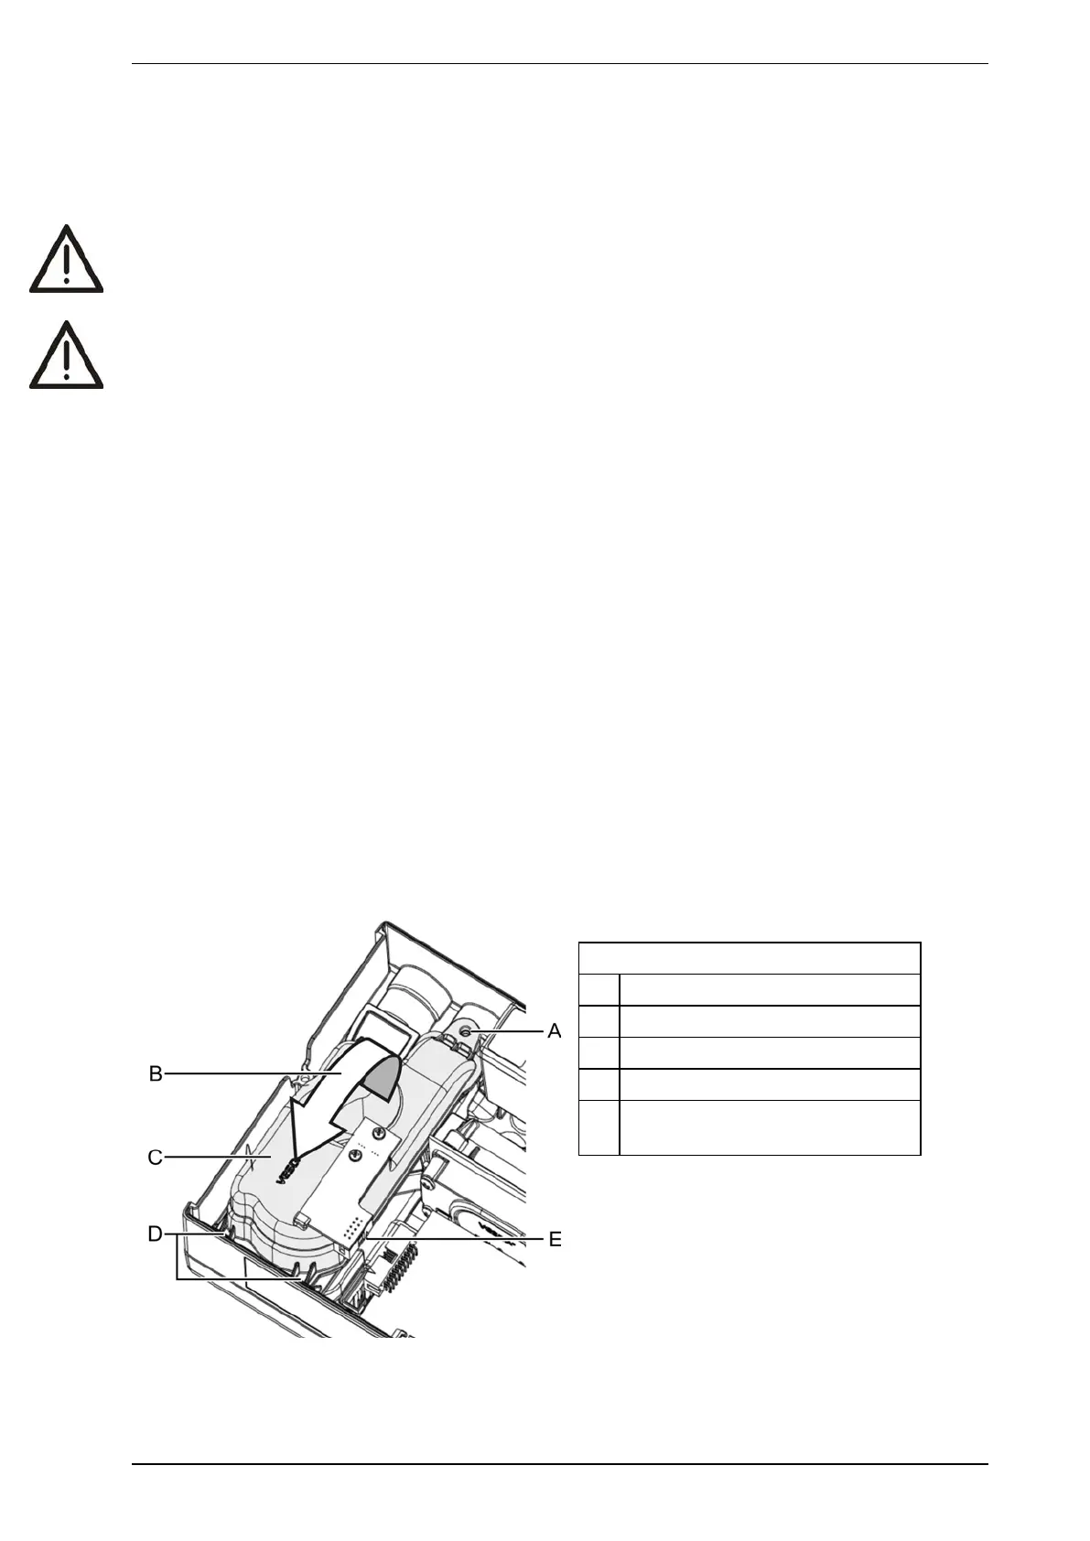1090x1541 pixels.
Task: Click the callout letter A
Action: [554, 1031]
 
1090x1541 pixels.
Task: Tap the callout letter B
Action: [156, 1073]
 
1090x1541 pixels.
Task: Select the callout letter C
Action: [156, 1158]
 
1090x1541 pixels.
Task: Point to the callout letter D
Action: [156, 1234]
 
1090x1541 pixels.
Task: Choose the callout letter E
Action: [555, 1240]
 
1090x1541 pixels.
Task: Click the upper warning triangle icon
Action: [66, 260]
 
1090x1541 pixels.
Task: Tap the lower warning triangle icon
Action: [66, 356]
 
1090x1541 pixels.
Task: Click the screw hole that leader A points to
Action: [466, 1031]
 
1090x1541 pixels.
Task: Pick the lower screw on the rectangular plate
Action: [353, 1156]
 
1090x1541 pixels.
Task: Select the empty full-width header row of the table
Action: [750, 958]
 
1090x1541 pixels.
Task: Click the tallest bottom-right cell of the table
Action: [769, 1127]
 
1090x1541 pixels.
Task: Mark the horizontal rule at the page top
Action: [560, 64]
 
